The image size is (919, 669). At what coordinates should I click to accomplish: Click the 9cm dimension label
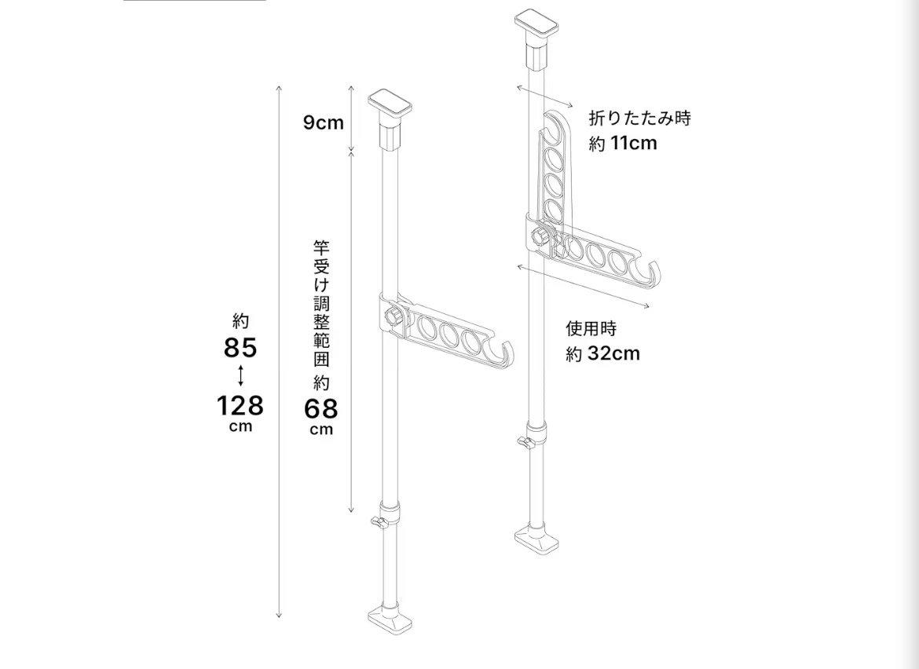tap(324, 122)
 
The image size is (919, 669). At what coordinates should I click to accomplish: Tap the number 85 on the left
tap(240, 348)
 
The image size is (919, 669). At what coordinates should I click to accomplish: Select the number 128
tap(240, 405)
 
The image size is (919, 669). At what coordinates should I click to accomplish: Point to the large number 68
tap(321, 408)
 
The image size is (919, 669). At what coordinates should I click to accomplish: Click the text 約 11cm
tap(623, 143)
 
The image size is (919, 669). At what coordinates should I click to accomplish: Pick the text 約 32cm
tap(602, 354)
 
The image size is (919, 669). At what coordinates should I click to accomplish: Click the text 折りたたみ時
tap(640, 119)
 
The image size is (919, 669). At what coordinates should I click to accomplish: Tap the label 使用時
tap(591, 329)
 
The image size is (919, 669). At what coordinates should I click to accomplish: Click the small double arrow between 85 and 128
tap(240, 375)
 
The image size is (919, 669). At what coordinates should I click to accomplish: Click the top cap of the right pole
tap(536, 24)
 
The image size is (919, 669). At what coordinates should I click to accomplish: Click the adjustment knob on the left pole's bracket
tap(394, 316)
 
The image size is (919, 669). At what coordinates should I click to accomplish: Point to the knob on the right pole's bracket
tap(540, 236)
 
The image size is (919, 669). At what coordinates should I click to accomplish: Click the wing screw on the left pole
tap(379, 521)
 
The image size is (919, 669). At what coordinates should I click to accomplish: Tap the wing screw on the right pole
tap(525, 442)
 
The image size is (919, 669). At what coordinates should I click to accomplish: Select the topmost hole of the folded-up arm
tap(555, 130)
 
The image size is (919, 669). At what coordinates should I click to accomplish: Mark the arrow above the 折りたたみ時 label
tap(544, 97)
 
